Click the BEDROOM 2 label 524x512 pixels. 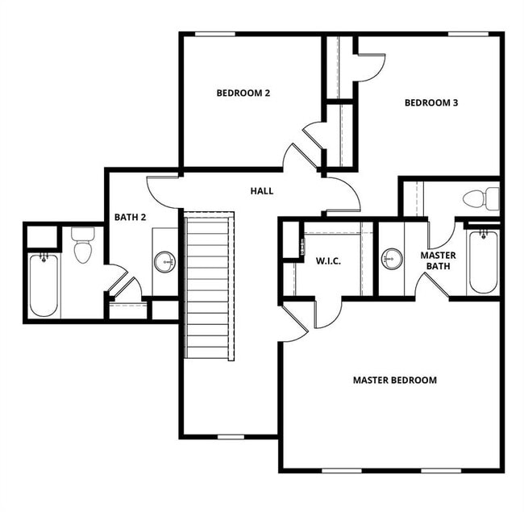(243, 93)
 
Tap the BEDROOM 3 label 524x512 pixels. (430, 102)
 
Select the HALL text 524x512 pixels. (261, 191)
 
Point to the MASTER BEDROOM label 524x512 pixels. (394, 380)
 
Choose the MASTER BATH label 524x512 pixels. (439, 260)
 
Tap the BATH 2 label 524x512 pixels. (130, 217)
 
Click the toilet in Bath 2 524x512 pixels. (83, 245)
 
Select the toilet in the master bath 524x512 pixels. (480, 198)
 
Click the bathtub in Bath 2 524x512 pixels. (43, 285)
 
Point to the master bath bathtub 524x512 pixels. (483, 261)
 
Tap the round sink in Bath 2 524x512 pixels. (164, 261)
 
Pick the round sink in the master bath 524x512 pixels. (392, 259)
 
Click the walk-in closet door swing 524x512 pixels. (327, 313)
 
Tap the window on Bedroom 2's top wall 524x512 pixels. (215, 34)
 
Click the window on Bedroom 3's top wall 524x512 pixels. (468, 34)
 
